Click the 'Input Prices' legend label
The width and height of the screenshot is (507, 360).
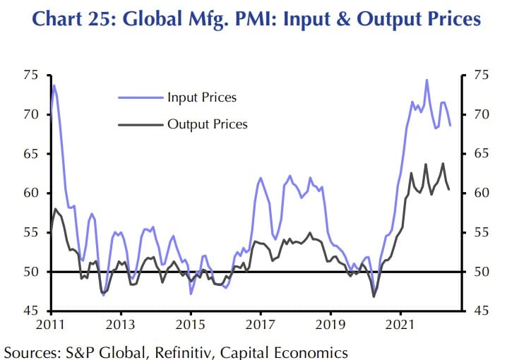(x=201, y=97)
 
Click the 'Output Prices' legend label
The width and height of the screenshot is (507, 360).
(x=207, y=124)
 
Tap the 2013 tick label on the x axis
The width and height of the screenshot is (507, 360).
(x=120, y=325)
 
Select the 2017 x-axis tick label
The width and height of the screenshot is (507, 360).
(x=260, y=325)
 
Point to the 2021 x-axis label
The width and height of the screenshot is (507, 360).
(x=400, y=325)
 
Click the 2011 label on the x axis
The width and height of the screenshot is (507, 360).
(x=50, y=325)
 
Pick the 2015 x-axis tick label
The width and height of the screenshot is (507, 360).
(x=190, y=325)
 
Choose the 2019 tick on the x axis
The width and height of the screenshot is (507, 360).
(x=330, y=325)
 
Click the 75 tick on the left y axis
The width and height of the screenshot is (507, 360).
(x=31, y=75)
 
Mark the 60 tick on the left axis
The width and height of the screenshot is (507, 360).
(x=31, y=193)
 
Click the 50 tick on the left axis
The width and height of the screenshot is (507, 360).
(x=31, y=272)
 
